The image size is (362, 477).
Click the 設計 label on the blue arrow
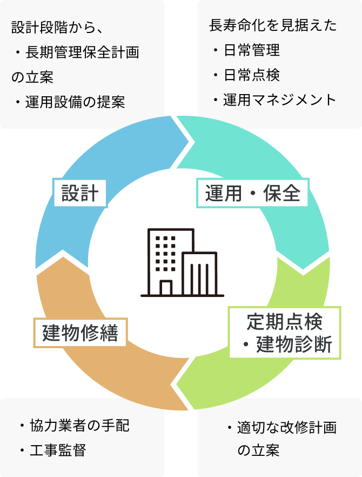coord(79,193)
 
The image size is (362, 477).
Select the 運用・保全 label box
coord(252,193)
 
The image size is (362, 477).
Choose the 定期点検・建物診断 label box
coord(285,332)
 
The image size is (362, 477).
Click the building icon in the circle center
coord(182,263)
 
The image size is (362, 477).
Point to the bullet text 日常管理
coord(252,50)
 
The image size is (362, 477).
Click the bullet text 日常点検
coord(252,75)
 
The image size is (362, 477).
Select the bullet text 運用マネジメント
coord(279,100)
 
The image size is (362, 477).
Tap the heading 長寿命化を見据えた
coord(272,25)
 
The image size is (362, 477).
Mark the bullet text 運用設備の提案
coord(75,102)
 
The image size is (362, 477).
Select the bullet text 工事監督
coord(58,450)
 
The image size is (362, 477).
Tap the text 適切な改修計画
coord(286,428)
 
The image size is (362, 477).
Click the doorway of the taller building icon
coord(166,288)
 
